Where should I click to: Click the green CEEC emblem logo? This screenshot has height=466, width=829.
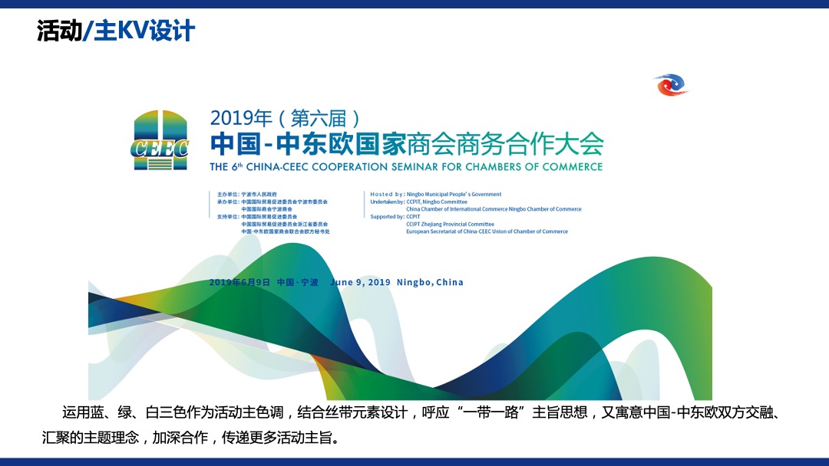[x=160, y=139]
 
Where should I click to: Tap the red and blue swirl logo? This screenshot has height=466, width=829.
[x=670, y=85]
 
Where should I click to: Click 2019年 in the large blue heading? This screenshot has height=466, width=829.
[x=241, y=118]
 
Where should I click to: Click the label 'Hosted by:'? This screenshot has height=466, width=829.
[x=387, y=195]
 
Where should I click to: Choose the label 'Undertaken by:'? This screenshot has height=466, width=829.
[x=388, y=202]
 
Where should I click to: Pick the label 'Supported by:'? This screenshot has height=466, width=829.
[x=387, y=217]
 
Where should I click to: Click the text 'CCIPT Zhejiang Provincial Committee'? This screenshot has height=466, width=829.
[x=450, y=224]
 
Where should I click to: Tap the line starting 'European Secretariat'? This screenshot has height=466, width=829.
[x=487, y=231]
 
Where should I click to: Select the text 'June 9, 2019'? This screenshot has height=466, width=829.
[x=360, y=282]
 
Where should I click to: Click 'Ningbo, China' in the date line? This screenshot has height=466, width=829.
[x=430, y=282]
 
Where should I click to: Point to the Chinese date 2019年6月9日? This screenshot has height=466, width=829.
[x=239, y=282]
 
